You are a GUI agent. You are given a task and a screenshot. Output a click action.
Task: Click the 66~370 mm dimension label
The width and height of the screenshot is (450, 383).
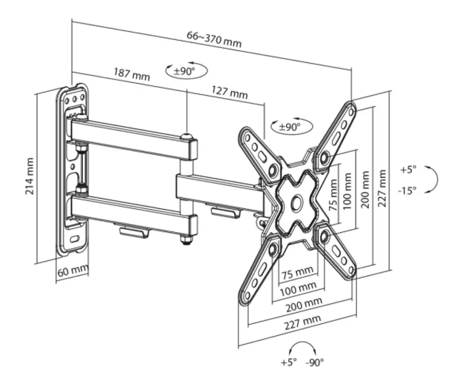[x=214, y=39]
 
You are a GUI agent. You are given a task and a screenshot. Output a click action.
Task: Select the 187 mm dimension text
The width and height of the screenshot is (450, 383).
[x=132, y=74]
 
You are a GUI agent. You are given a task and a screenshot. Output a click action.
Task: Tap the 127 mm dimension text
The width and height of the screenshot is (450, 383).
[x=229, y=92]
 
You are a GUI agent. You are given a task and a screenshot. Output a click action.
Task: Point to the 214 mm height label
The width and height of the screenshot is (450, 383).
[x=30, y=176]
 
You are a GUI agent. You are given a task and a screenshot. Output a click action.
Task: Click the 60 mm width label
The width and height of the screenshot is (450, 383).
[x=73, y=271]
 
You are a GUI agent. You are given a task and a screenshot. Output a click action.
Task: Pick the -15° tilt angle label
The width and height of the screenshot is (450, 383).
[x=407, y=190]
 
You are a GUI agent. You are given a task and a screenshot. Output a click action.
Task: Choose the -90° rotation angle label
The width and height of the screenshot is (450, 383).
[x=314, y=362]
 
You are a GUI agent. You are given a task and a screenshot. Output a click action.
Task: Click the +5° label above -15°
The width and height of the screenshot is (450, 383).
[x=408, y=170]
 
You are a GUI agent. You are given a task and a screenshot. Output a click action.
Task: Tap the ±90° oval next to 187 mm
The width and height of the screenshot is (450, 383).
[x=186, y=70]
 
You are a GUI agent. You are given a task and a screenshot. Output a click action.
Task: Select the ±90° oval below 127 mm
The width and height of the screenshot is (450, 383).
[x=292, y=126]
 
